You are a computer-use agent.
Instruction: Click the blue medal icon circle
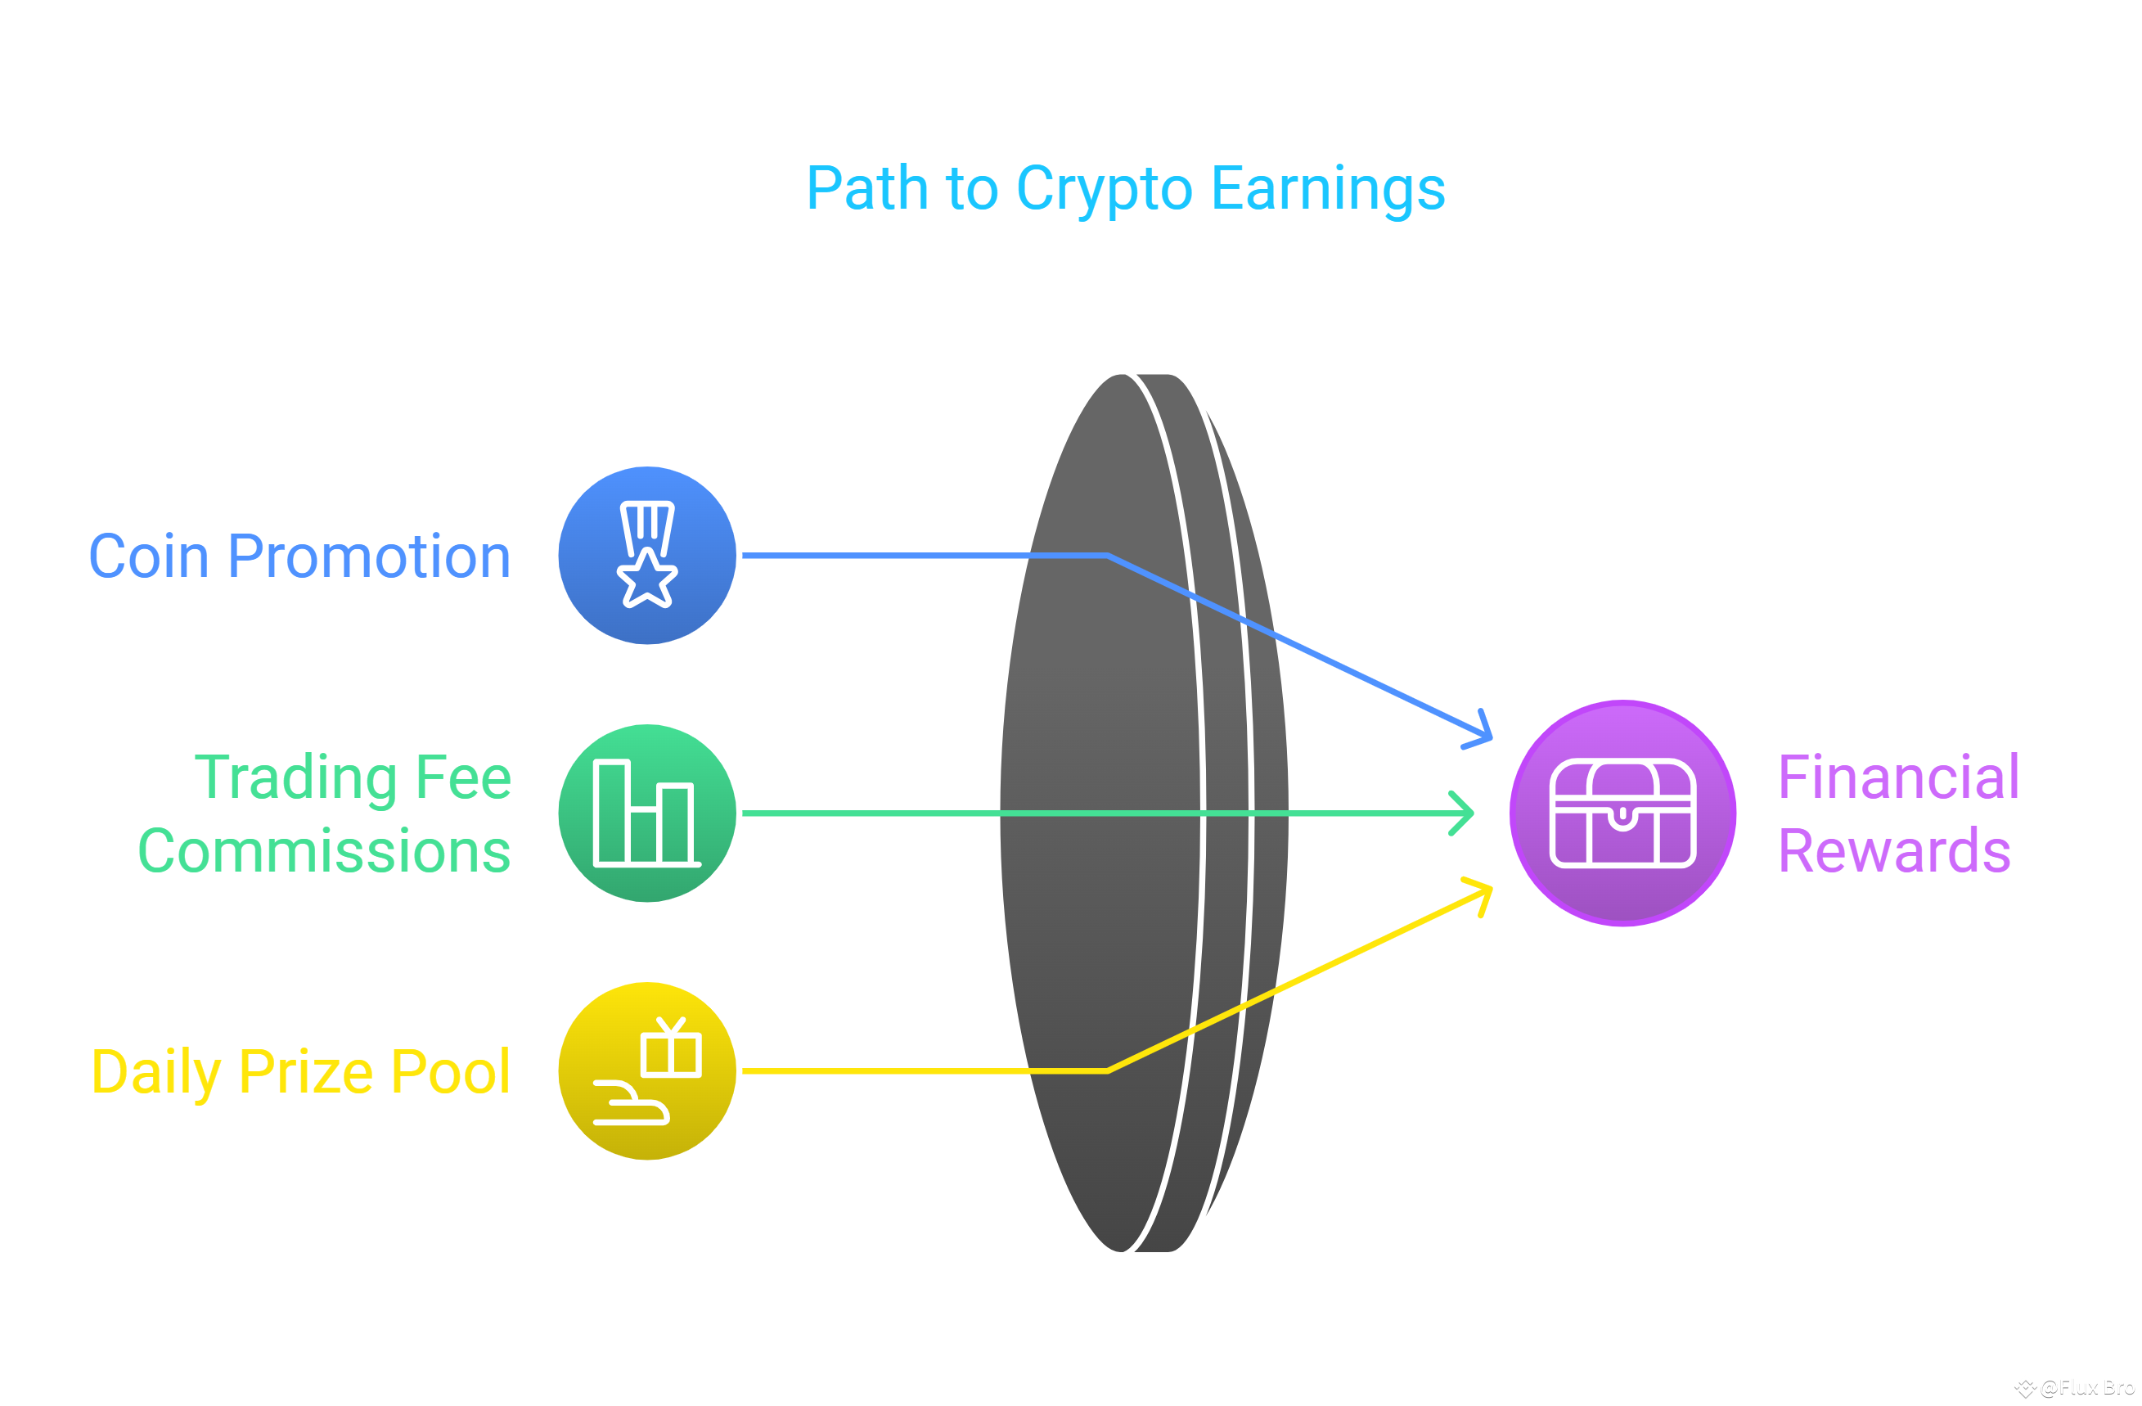(647, 556)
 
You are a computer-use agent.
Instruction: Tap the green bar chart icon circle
(647, 813)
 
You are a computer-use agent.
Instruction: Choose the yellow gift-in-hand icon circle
(647, 1071)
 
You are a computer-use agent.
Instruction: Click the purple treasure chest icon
(1622, 813)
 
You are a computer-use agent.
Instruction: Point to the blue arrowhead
(1482, 732)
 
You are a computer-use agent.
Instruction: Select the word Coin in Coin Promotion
(149, 557)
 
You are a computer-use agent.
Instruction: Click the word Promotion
(369, 557)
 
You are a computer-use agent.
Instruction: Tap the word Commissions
(324, 851)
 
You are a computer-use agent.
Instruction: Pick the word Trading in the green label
(295, 777)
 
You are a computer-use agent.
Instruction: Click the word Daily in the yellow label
(156, 1072)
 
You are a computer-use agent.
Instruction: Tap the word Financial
(1899, 777)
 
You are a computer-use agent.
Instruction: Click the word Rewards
(1895, 851)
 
